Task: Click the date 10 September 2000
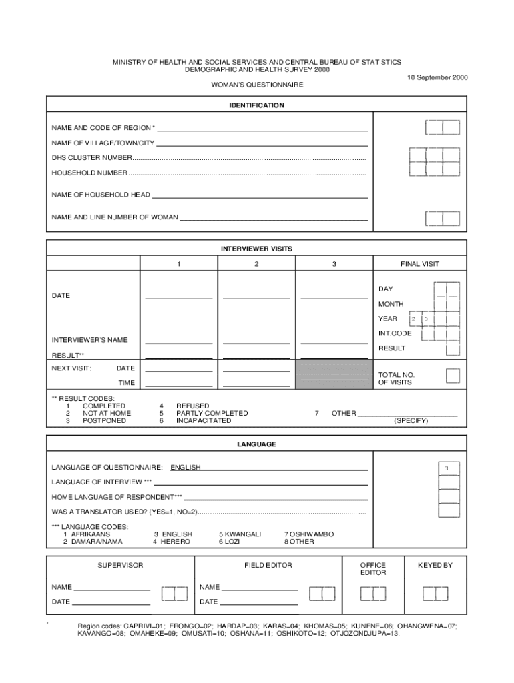coord(437,77)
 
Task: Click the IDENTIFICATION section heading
coord(257,105)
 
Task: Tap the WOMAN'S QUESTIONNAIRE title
coord(257,85)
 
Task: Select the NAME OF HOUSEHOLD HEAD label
coord(101,195)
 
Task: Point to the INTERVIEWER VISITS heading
coord(257,249)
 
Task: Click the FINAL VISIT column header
coord(419,264)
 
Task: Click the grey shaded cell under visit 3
coord(334,376)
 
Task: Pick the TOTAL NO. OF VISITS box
coord(453,376)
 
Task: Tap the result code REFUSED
coord(192,406)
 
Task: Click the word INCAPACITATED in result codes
coord(204,420)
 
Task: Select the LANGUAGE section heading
coord(257,444)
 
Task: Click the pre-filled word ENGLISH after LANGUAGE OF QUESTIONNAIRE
coord(186,467)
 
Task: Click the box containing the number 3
coord(447,469)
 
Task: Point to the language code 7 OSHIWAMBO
coord(309,534)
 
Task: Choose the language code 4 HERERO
coord(172,542)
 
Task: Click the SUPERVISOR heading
coord(120,565)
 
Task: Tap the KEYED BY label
coord(435,565)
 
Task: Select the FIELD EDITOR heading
coord(268,565)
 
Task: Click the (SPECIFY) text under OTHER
coord(411,420)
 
